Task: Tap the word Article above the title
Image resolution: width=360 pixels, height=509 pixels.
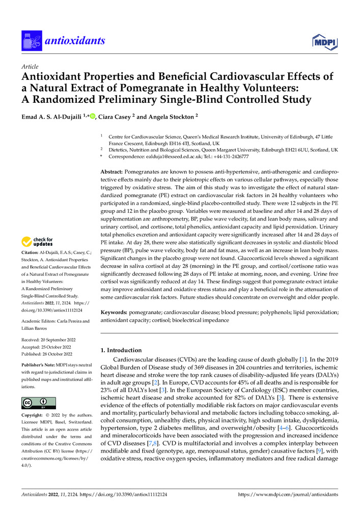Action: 30,67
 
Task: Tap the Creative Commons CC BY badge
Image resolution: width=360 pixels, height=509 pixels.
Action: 38,404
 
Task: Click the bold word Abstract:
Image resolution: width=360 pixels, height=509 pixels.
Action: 116,173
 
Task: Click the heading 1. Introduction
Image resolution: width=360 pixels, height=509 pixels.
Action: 121,350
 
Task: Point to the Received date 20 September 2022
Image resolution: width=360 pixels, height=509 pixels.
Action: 52,340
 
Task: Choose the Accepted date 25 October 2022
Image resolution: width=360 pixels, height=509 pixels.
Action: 52,347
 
